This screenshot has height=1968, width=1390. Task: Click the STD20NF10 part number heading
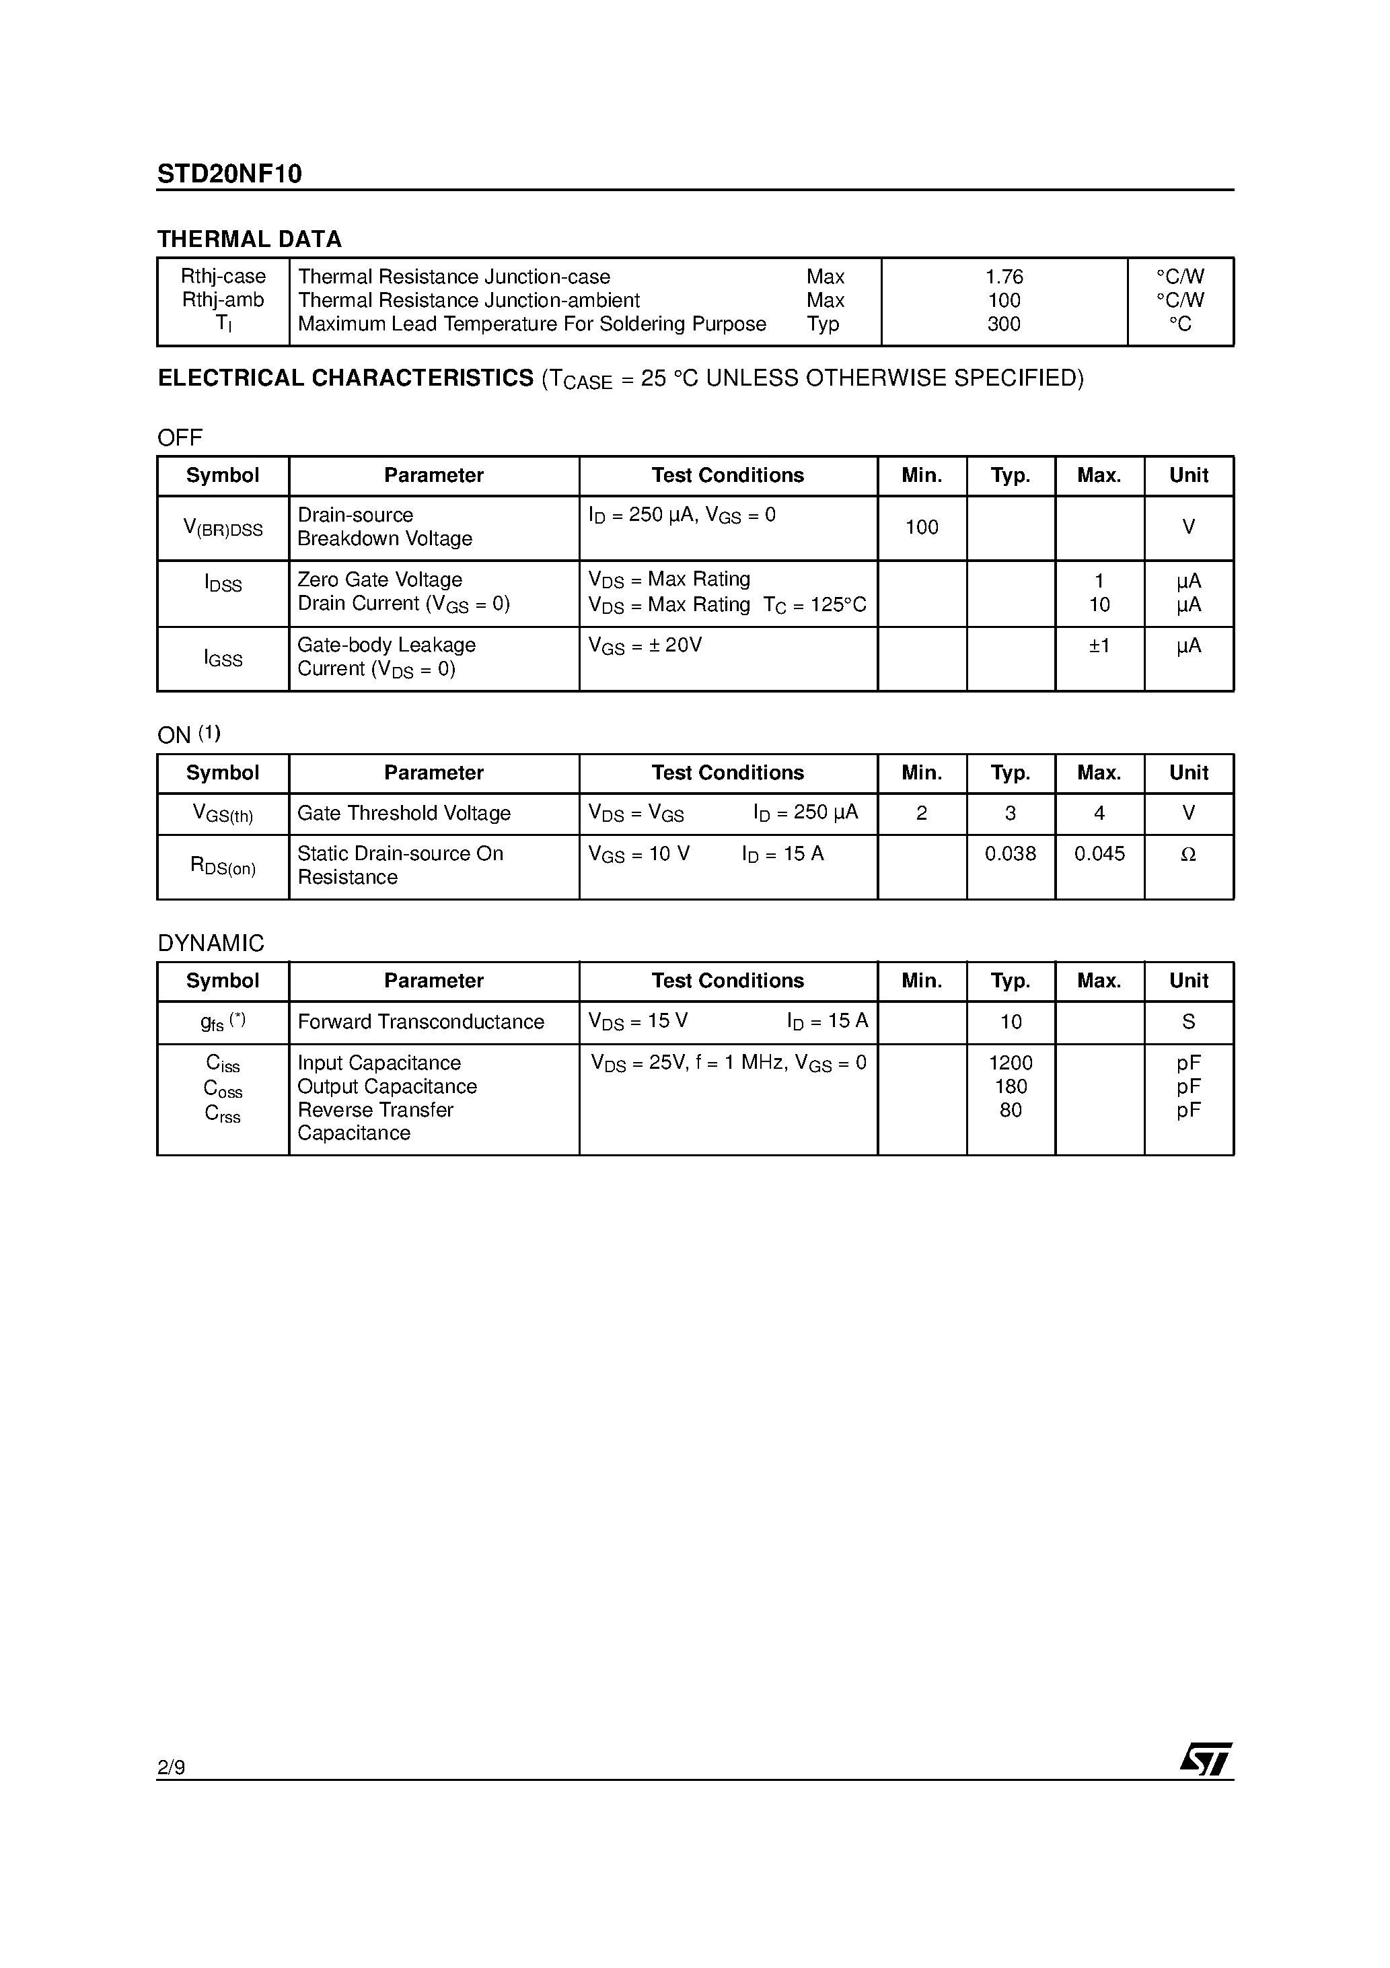tap(229, 174)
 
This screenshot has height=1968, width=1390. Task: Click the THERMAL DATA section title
tap(250, 239)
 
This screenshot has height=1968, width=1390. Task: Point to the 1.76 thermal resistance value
tap(1004, 277)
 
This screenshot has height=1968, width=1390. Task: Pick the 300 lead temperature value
tap(1004, 324)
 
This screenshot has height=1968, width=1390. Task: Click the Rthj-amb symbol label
tap(223, 300)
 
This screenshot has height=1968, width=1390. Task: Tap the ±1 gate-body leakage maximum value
tap(1099, 645)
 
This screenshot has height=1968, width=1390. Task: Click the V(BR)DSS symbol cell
tap(223, 528)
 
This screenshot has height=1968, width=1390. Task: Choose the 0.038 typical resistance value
tap(1011, 853)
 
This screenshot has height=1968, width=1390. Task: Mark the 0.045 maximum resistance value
tap(1099, 853)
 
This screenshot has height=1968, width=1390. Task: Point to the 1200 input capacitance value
tap(1011, 1063)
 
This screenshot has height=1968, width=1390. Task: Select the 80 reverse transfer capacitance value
tap(1011, 1110)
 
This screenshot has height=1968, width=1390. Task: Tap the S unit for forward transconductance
tap(1187, 1022)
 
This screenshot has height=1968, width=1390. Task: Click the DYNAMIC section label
tap(211, 943)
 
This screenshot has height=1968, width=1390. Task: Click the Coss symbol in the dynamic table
tap(223, 1088)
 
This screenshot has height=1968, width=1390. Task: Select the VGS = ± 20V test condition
tap(645, 646)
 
